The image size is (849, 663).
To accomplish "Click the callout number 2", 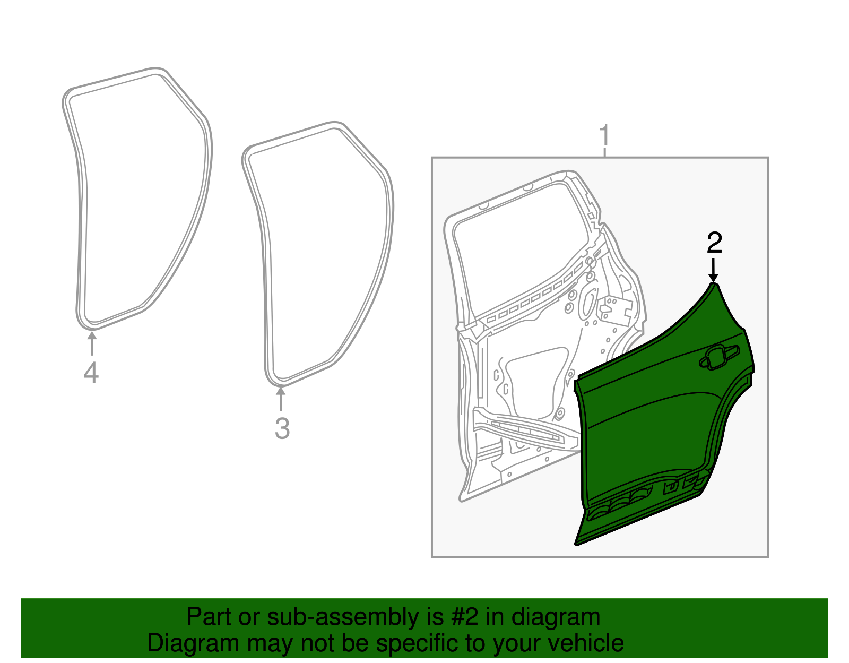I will pyautogui.click(x=714, y=243).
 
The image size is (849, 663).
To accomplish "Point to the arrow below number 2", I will pyautogui.click(x=714, y=270).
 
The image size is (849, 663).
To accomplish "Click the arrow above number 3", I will pyautogui.click(x=280, y=399).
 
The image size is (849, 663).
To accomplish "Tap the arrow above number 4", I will pyautogui.click(x=92, y=342).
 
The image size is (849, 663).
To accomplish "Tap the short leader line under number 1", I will pyautogui.click(x=604, y=153).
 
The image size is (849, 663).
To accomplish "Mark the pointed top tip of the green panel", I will pyautogui.click(x=714, y=284).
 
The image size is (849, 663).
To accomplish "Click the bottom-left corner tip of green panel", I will pyautogui.click(x=576, y=544).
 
